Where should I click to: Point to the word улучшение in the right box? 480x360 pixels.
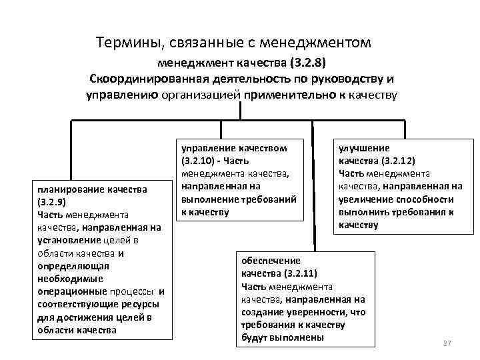(365, 148)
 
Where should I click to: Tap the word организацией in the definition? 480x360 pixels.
(202, 95)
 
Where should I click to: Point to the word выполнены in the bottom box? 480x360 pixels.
(303, 337)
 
